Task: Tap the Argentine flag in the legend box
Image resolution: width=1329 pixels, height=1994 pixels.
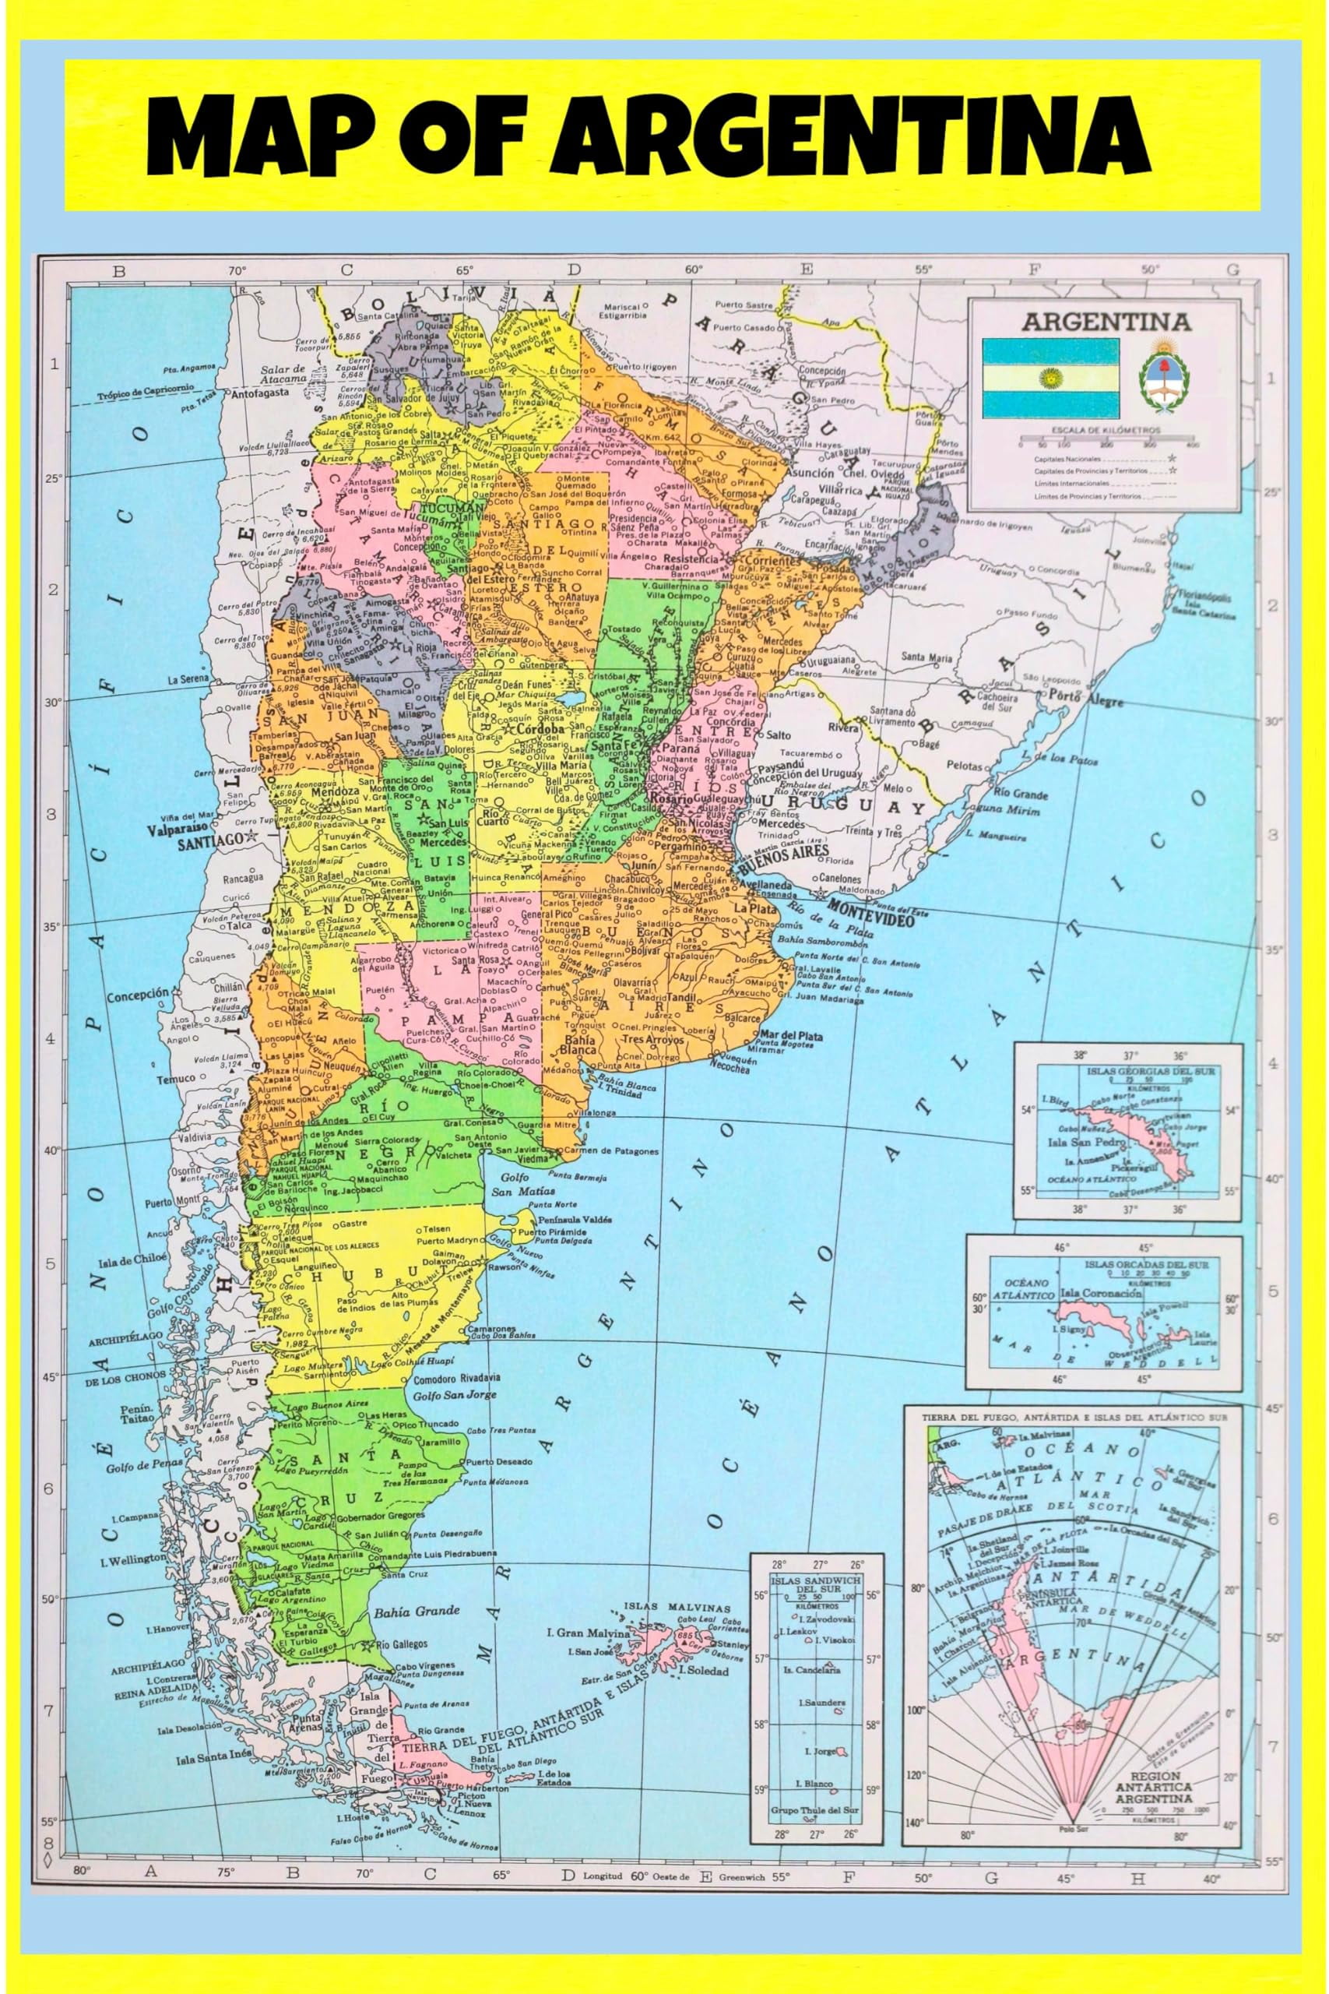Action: [1050, 377]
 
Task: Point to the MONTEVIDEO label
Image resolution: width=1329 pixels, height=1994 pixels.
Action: [872, 908]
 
